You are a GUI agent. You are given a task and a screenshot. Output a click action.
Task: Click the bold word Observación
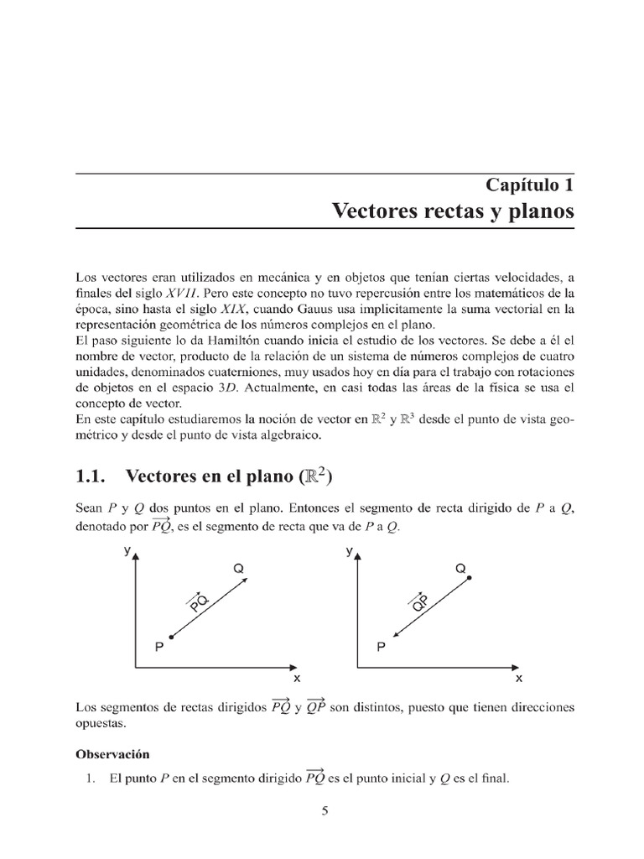(112, 753)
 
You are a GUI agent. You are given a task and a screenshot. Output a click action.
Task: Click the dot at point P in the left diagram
(171, 638)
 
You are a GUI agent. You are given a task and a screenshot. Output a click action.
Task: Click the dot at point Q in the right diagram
(469, 578)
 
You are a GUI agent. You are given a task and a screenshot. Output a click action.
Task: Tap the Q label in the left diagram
(238, 569)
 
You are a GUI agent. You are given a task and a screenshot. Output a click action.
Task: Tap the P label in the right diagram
(382, 647)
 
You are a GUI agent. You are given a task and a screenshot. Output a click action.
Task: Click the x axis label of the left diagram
(295, 676)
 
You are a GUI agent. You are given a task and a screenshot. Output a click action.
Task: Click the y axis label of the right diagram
(349, 551)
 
